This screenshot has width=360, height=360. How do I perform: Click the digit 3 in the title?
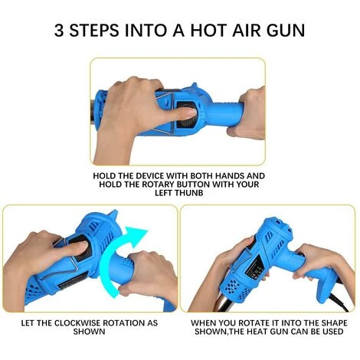tap(59, 31)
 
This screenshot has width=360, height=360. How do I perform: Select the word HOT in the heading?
tap(208, 31)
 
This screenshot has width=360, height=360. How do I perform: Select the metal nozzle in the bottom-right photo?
tap(224, 304)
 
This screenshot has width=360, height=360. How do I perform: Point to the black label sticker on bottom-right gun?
tap(255, 270)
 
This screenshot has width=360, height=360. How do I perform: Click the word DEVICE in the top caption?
tap(150, 176)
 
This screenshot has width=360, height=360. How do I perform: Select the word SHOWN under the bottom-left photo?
tap(89, 332)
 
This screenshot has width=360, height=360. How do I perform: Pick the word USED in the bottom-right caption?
tap(332, 332)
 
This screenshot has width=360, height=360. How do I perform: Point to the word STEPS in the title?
tap(94, 31)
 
